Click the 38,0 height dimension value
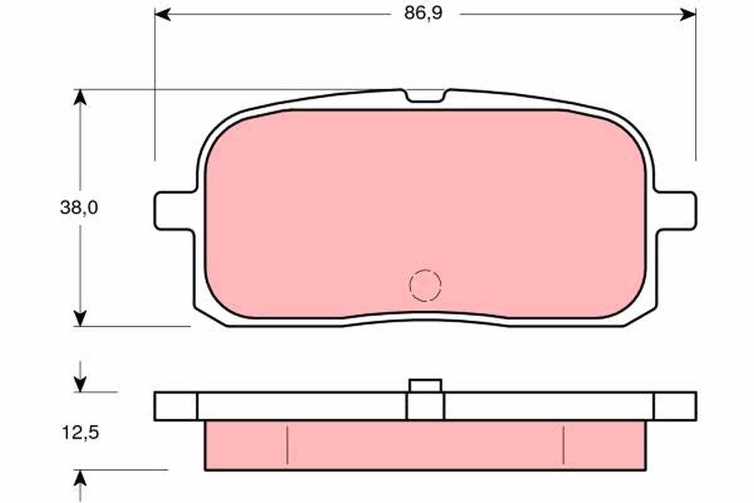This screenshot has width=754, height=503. pyautogui.click(x=79, y=208)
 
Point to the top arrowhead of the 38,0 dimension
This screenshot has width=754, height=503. pyautogui.click(x=79, y=97)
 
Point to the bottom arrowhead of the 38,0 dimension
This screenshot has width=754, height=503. pyautogui.click(x=79, y=318)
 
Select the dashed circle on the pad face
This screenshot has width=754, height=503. pyautogui.click(x=425, y=285)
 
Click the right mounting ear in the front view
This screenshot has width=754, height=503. pyautogui.click(x=676, y=210)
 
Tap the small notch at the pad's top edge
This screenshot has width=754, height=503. pyautogui.click(x=425, y=96)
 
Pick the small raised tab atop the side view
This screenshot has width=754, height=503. pyautogui.click(x=425, y=385)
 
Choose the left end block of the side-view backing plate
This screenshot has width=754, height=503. pyautogui.click(x=175, y=406)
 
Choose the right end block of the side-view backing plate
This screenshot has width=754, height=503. pyautogui.click(x=675, y=406)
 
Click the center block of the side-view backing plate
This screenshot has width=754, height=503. pyautogui.click(x=425, y=407)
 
